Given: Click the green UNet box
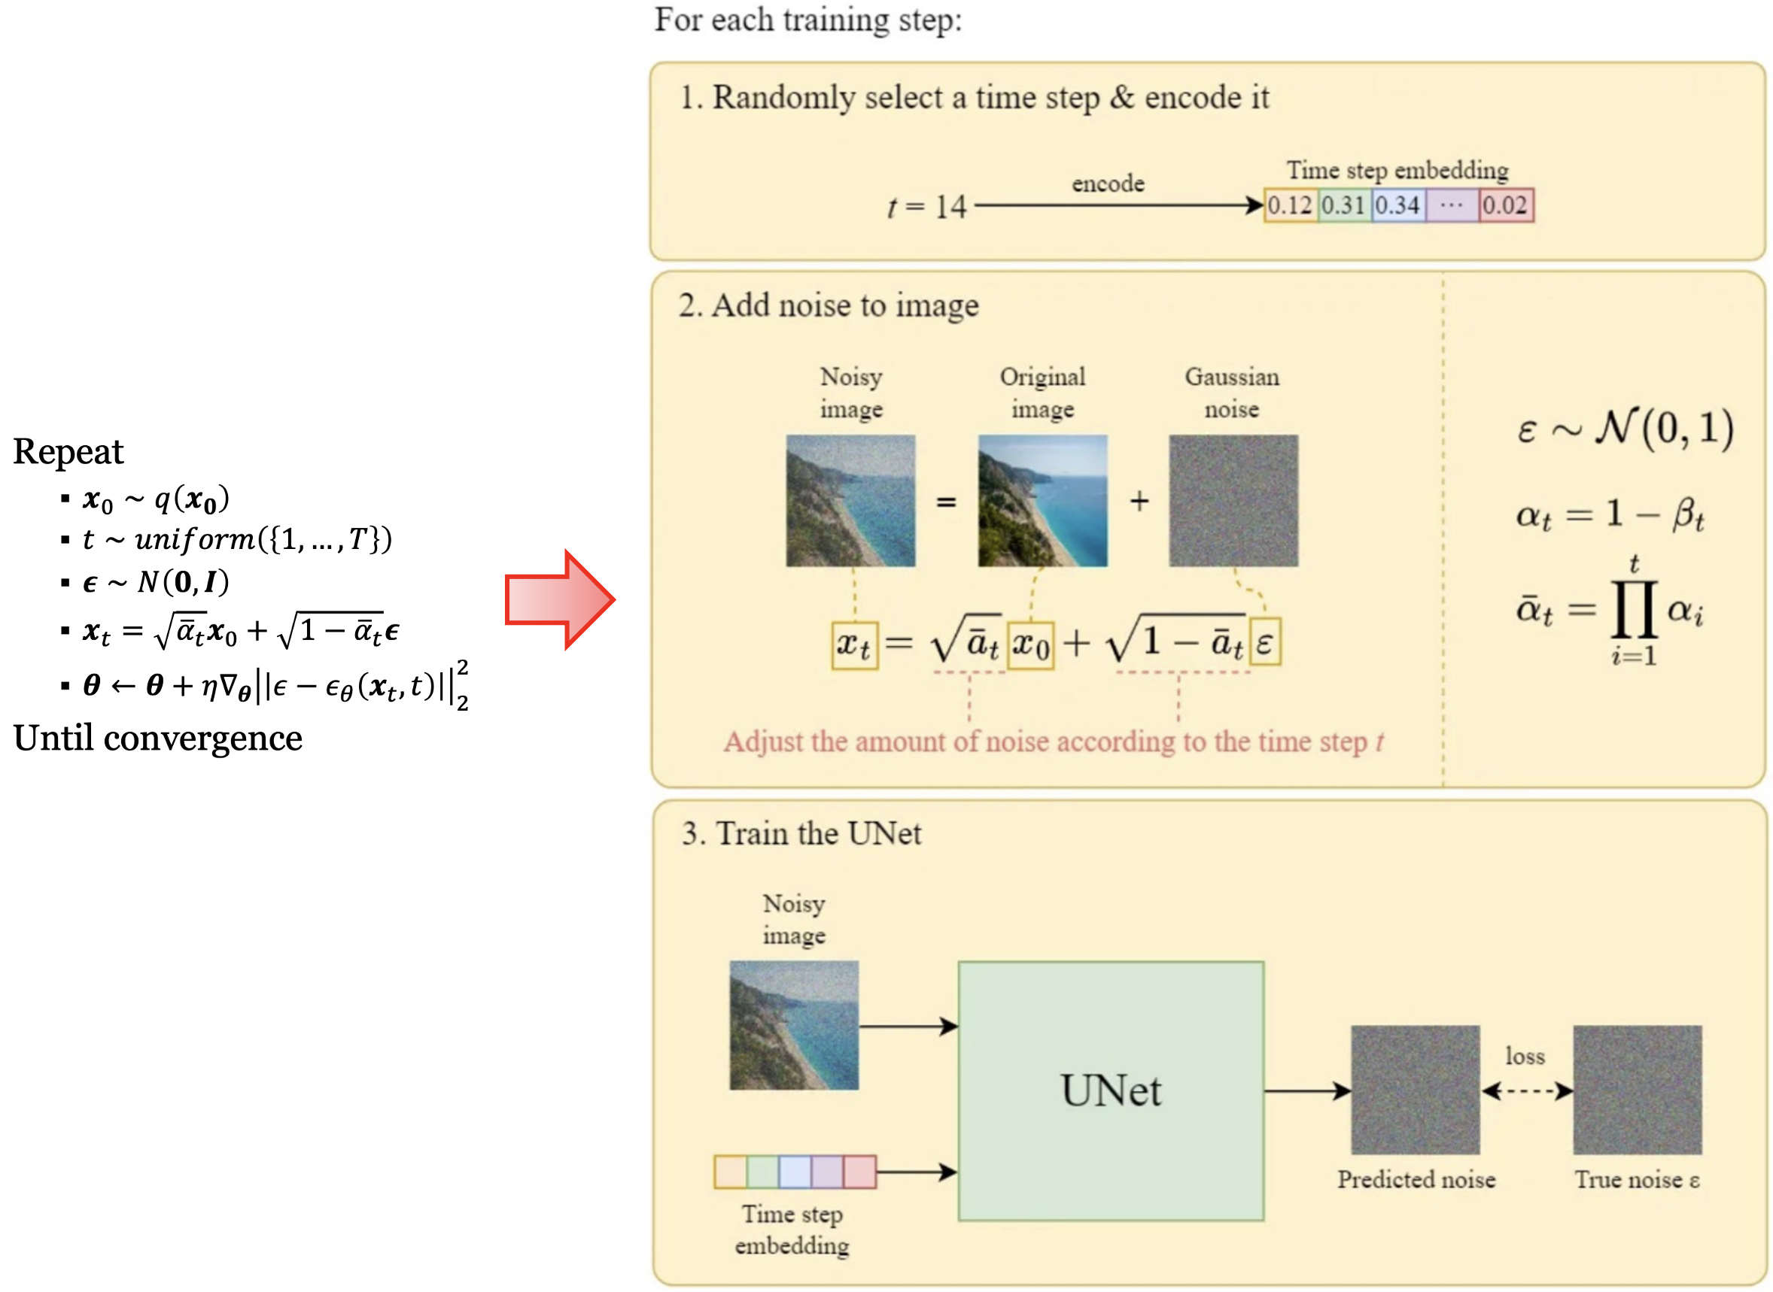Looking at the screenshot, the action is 1110,1090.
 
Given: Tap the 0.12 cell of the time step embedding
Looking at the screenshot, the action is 1289,206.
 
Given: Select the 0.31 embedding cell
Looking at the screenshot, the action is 1343,206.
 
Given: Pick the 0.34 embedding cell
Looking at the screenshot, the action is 1397,206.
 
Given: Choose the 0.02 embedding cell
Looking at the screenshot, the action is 1505,206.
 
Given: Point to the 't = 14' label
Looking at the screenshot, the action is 927,208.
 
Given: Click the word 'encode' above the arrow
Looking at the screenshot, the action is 1108,183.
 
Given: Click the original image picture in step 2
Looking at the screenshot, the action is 1042,501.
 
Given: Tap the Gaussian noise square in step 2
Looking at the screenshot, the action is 1233,501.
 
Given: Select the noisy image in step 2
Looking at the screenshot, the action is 850,501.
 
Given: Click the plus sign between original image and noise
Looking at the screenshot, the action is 1139,501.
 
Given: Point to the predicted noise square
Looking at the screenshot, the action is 1416,1090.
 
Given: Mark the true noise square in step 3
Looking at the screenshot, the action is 1638,1090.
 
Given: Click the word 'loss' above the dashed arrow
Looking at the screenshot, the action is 1525,1057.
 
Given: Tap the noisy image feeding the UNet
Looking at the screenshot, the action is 794,1025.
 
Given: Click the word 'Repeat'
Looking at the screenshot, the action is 68,452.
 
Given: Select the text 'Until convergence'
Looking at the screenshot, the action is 157,739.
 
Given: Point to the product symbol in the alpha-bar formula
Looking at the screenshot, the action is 1634,609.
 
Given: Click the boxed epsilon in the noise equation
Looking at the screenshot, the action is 1264,643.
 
